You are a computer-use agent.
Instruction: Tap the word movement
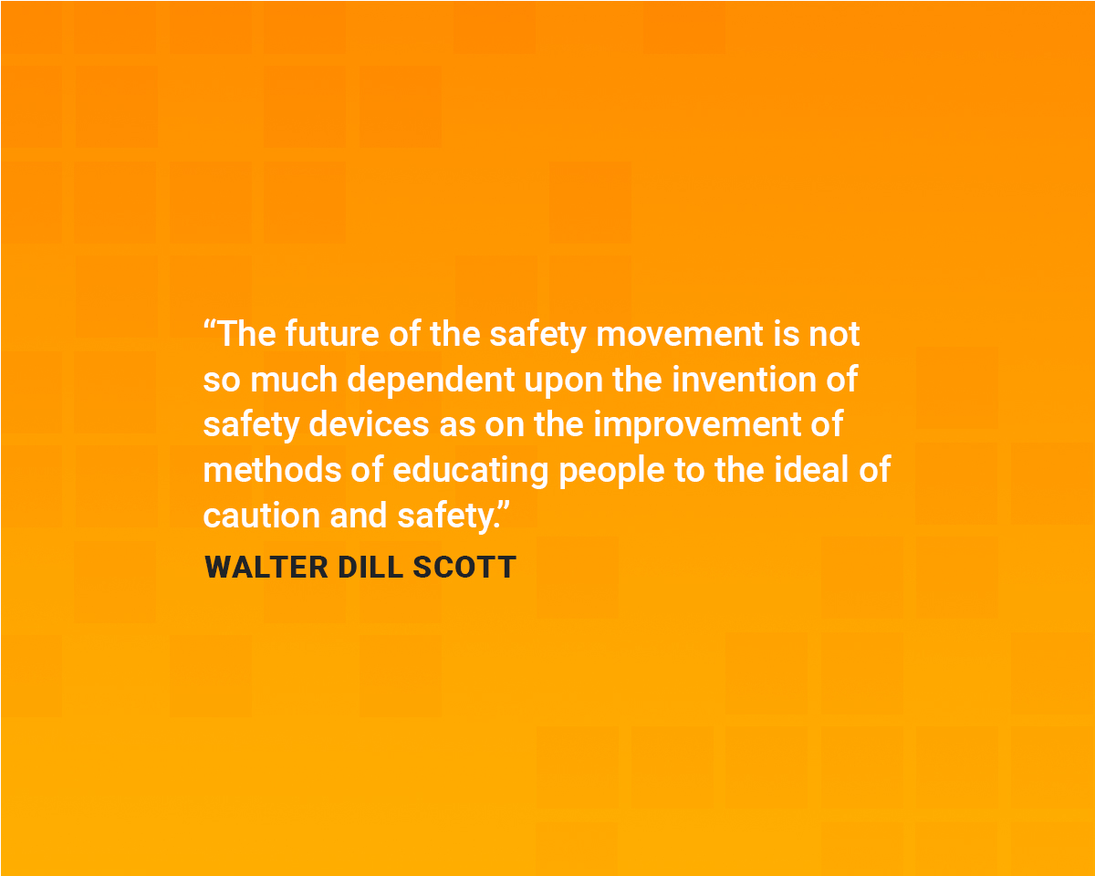tap(680, 334)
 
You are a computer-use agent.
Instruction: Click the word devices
tap(369, 425)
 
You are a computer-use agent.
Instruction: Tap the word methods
tap(265, 471)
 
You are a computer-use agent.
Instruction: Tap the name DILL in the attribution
tap(370, 568)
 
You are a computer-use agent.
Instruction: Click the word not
tap(834, 334)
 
